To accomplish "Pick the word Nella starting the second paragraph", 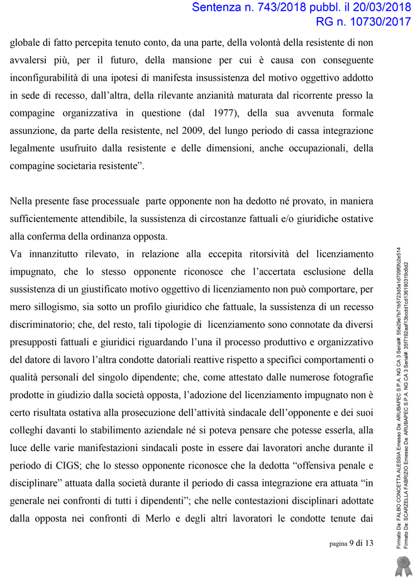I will point(23,202).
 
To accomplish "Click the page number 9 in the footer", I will point(351,543).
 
